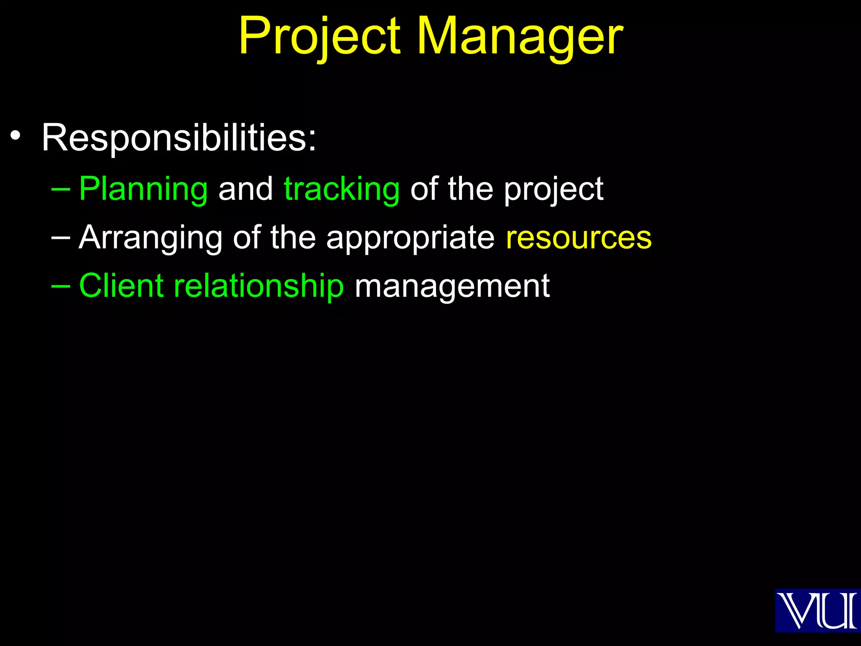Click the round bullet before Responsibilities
coord(16,136)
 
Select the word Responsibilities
coord(178,138)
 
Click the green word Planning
coord(143,189)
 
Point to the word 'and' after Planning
coord(246,189)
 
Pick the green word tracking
coord(342,189)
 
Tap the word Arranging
coord(151,238)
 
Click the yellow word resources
coord(578,238)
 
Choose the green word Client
coord(121,286)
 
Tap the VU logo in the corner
coord(817,610)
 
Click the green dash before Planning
coord(61,189)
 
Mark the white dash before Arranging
coord(61,238)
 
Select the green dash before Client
coord(61,286)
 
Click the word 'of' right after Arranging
coord(246,238)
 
